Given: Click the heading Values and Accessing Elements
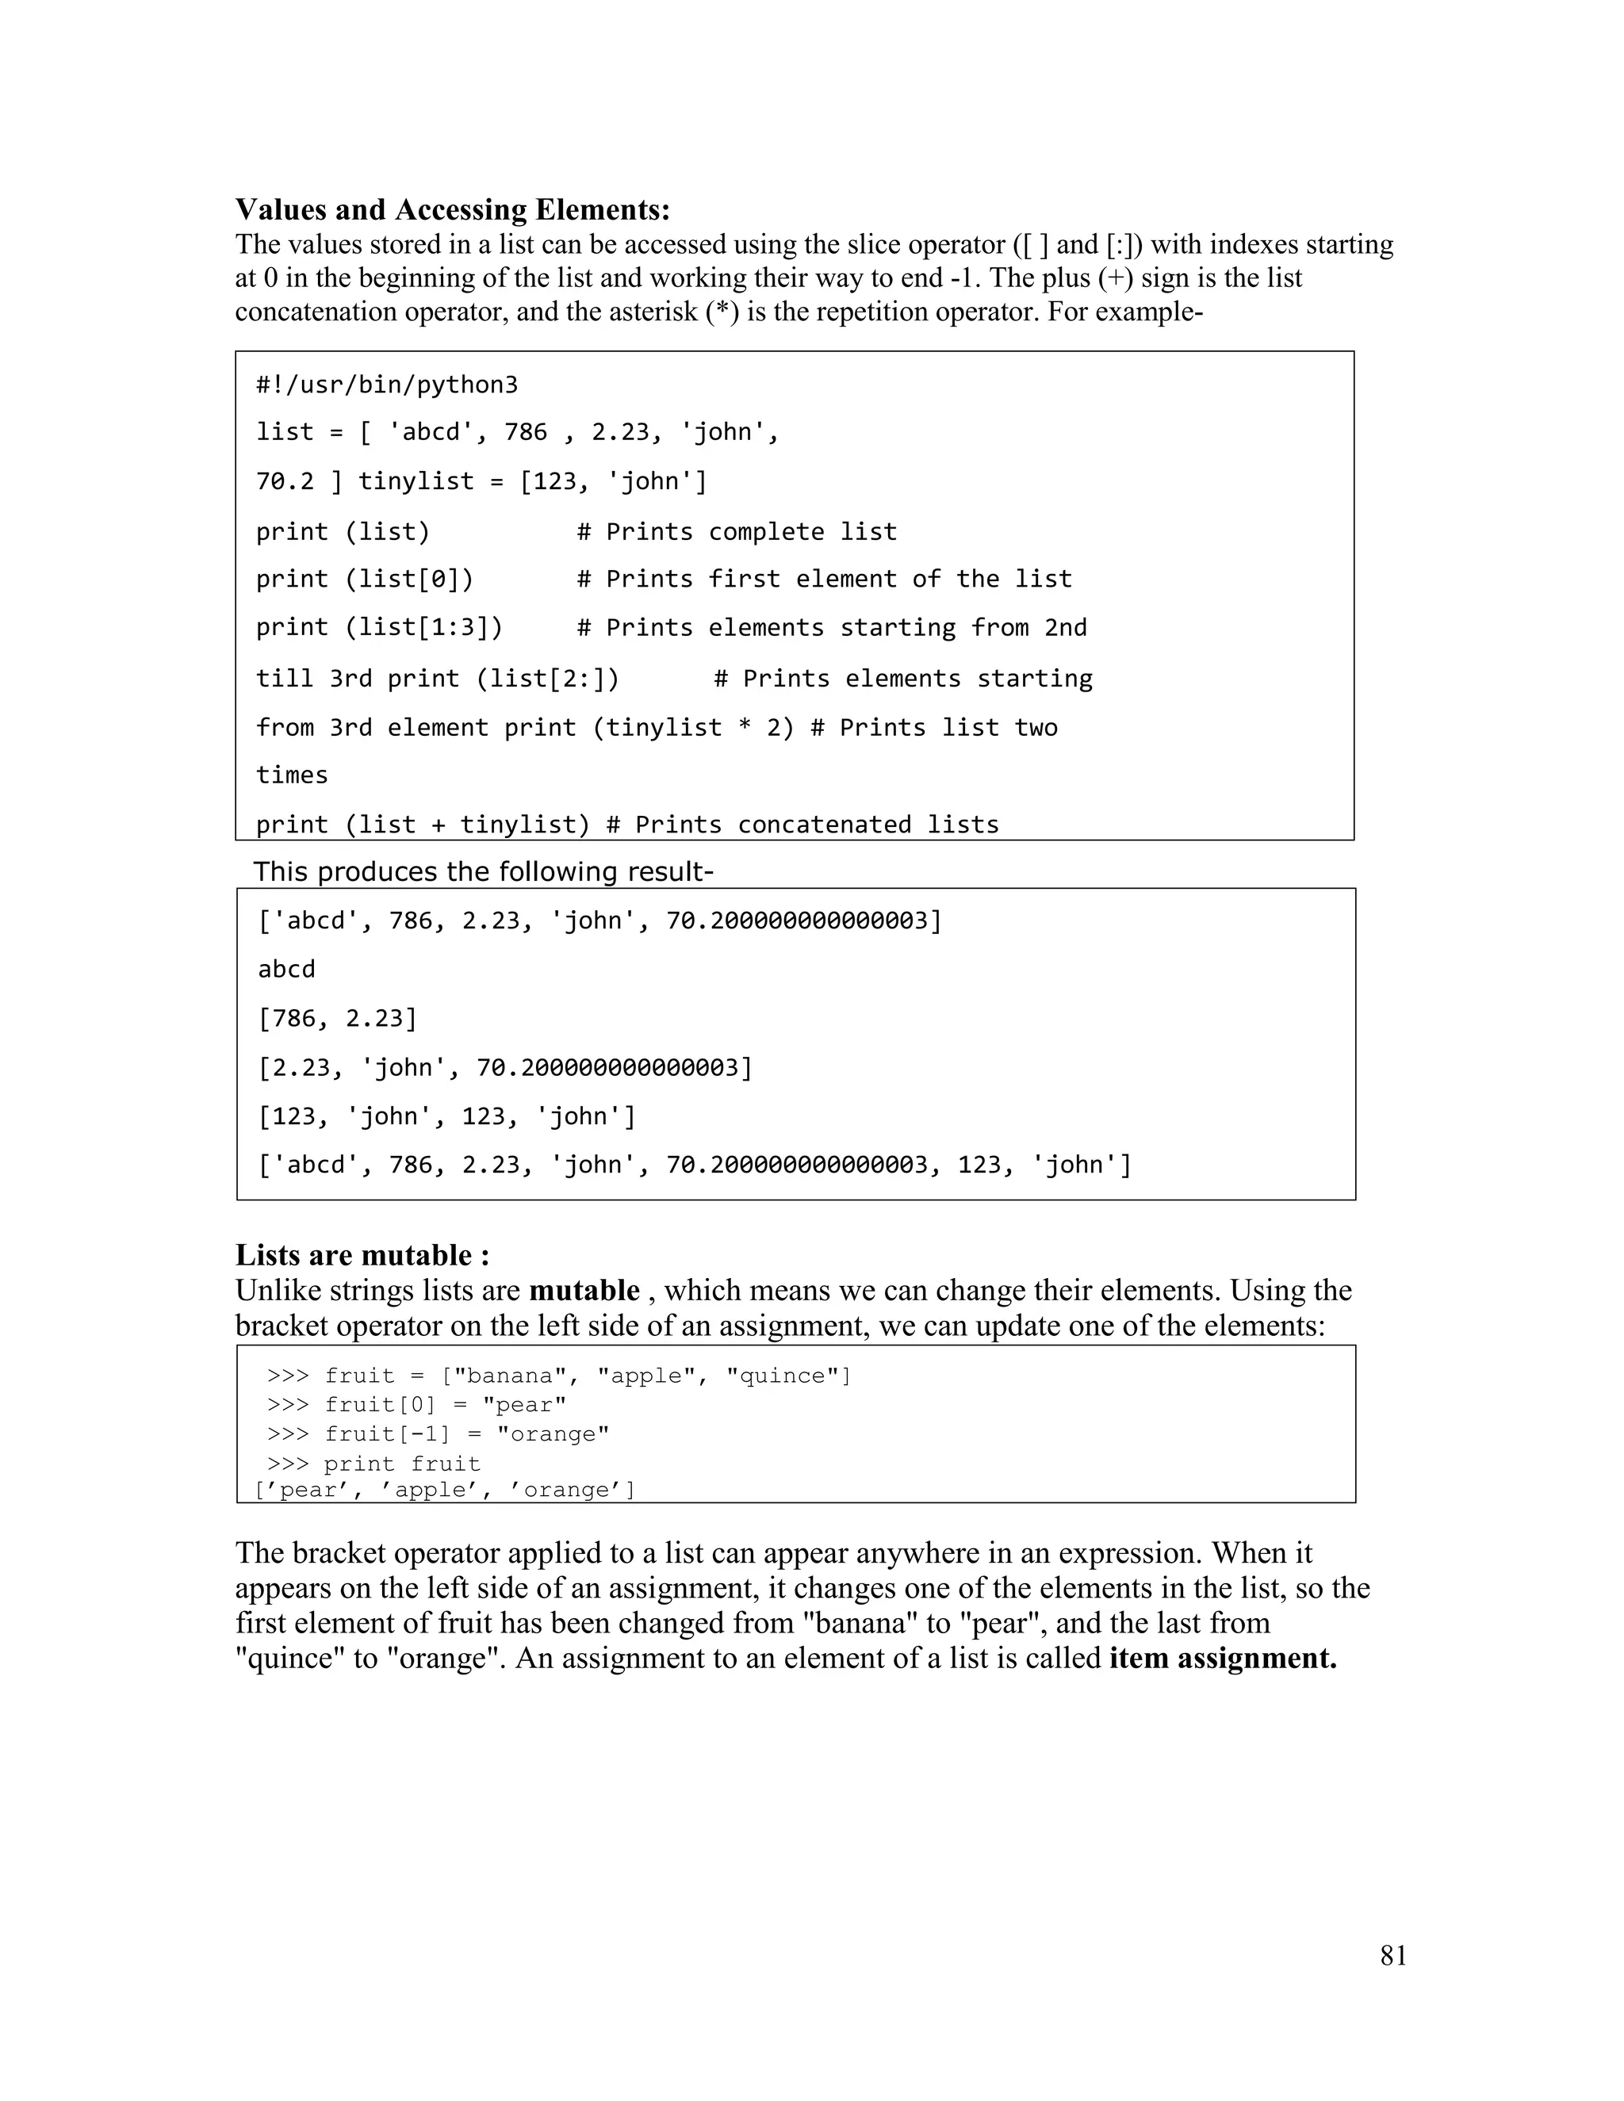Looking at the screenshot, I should tap(452, 210).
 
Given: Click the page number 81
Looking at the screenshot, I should tap(1393, 1956).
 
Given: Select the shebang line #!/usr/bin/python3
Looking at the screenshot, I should tap(387, 385).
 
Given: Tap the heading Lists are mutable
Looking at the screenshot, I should tap(362, 1255).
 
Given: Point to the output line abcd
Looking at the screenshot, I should tap(287, 970).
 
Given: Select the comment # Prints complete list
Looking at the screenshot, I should tap(737, 532).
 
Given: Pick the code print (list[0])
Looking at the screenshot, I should tap(365, 579).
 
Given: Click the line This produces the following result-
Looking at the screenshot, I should tap(483, 871).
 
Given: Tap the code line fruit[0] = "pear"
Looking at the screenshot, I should tap(445, 1405).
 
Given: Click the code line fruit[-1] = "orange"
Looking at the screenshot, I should tap(465, 1434).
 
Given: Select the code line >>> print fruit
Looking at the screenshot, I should tap(373, 1464).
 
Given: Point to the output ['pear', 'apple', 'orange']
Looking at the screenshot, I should tap(445, 1491).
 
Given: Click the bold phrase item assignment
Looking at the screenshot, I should tap(1223, 1659).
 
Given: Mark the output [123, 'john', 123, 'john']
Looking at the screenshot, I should tap(447, 1117).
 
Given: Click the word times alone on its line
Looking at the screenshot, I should tap(293, 775).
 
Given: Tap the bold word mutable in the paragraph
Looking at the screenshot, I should tap(584, 1290).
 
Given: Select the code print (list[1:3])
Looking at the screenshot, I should tap(379, 628).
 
